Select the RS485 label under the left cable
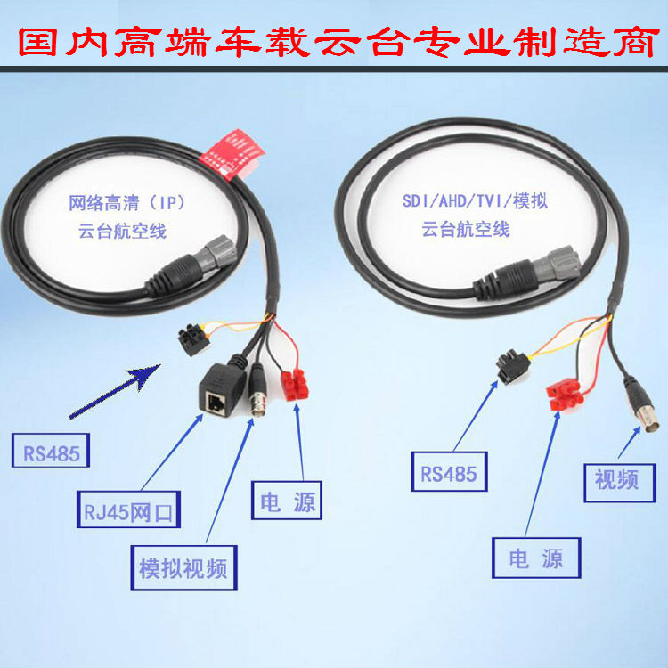pos(53,453)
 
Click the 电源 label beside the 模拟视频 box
pos(284,501)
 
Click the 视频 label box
pos(616,478)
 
